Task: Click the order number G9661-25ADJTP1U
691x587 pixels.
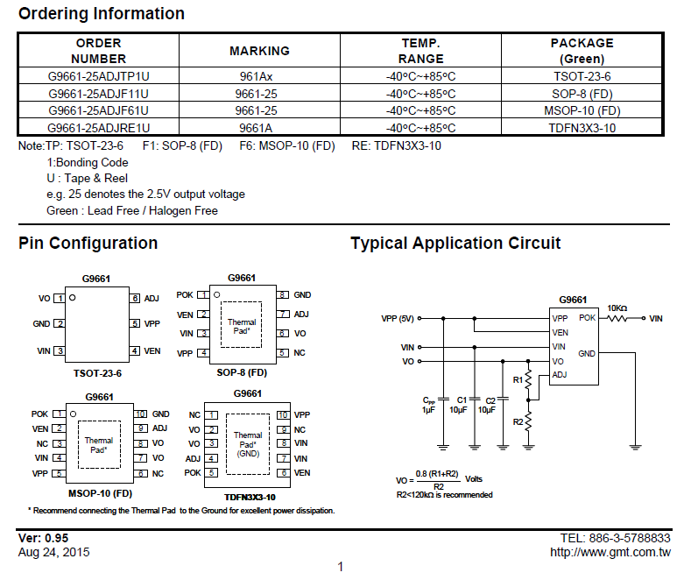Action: coord(99,76)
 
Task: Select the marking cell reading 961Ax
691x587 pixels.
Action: coord(256,76)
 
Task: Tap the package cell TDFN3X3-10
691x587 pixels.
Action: coord(582,128)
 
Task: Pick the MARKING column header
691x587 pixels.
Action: coord(259,51)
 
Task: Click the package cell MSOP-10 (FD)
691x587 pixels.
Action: coord(582,110)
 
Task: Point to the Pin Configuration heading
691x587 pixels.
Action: coord(88,244)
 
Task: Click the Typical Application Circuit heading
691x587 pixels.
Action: coord(455,244)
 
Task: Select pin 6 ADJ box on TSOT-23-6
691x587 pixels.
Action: coord(135,299)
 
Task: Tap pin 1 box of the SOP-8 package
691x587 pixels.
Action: coord(203,295)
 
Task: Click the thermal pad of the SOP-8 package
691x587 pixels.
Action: coord(241,325)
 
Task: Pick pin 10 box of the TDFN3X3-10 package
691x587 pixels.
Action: coord(283,415)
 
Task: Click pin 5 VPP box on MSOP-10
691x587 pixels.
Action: coord(59,474)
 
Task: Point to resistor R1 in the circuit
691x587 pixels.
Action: coord(528,380)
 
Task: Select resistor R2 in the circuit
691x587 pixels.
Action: coord(528,421)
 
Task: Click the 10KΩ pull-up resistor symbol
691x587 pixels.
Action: coord(617,318)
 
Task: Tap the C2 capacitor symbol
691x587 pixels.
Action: coord(503,399)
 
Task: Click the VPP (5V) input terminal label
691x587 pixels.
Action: coord(398,319)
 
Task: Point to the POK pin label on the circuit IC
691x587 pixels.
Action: coord(587,318)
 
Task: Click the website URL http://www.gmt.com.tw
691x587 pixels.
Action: coord(610,552)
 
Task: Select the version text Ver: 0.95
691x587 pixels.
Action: coord(43,538)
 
